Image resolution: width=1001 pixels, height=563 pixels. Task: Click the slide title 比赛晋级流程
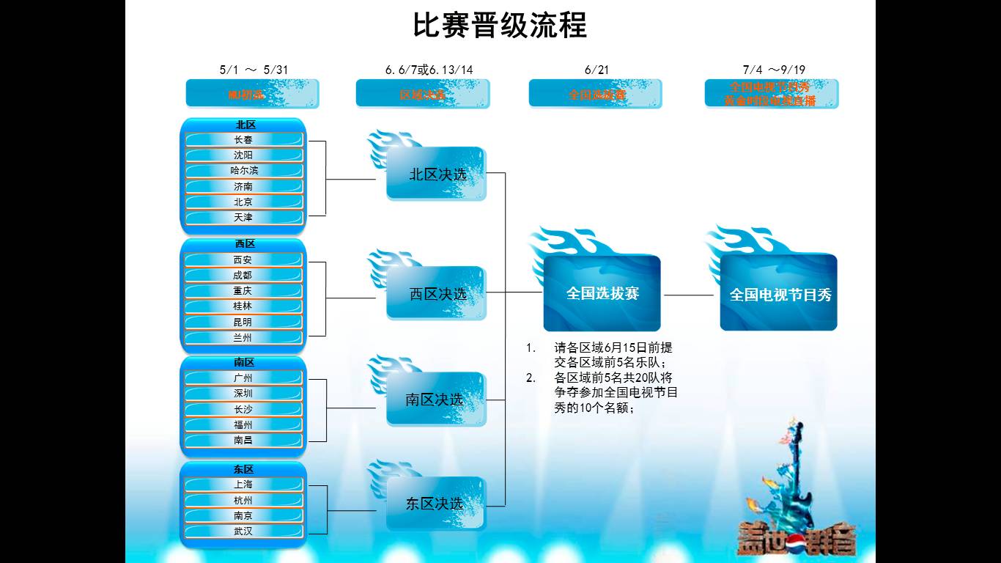(x=500, y=25)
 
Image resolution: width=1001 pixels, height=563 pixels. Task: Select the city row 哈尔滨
(x=243, y=171)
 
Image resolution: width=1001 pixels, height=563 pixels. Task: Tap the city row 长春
(x=243, y=140)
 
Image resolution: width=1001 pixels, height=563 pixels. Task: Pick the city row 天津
(x=243, y=218)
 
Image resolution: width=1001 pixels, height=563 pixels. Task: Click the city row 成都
(x=243, y=276)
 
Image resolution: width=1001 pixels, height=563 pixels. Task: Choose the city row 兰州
(x=243, y=338)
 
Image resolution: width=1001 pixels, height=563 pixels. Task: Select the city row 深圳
(x=243, y=394)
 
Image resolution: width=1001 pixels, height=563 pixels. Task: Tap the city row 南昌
(x=243, y=441)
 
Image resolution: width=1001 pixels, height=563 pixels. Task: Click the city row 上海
(x=243, y=485)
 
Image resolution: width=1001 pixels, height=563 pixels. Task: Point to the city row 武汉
(x=243, y=531)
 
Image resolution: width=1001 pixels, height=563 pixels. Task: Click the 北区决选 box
(x=436, y=174)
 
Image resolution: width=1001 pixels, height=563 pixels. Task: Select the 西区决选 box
(x=436, y=294)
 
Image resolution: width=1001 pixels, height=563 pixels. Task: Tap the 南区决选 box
(x=436, y=400)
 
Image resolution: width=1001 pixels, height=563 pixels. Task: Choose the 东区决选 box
(x=436, y=504)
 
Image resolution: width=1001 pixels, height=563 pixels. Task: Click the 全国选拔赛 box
(x=602, y=293)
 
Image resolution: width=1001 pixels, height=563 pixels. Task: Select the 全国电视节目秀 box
(x=779, y=295)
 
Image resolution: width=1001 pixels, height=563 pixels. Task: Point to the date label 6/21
(x=596, y=70)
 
